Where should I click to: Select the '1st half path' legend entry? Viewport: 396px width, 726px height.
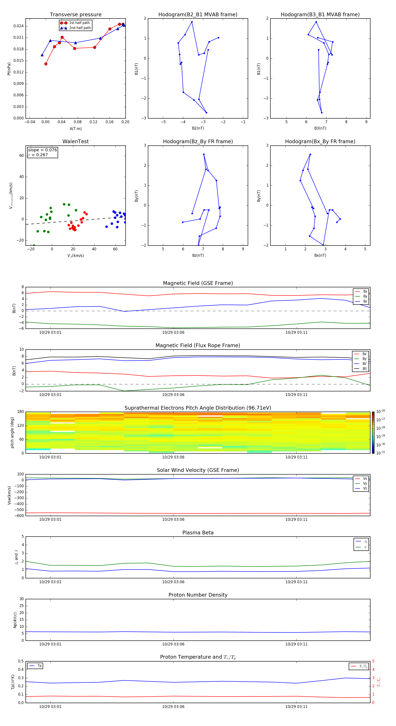click(x=79, y=23)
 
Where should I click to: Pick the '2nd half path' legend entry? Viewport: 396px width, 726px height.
click(x=80, y=28)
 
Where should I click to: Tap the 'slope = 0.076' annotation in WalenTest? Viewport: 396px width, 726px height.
click(x=42, y=150)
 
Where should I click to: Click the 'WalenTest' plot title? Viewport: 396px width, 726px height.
click(x=75, y=141)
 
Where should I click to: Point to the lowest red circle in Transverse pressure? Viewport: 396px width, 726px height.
click(x=46, y=64)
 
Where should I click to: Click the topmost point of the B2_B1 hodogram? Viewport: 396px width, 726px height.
click(x=192, y=22)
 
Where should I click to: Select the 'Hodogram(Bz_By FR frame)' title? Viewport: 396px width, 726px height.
click(x=198, y=141)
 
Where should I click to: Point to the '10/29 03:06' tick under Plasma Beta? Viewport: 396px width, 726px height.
click(x=173, y=582)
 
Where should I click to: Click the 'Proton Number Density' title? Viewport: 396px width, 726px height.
click(x=198, y=595)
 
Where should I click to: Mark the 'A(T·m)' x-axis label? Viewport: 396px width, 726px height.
click(x=75, y=129)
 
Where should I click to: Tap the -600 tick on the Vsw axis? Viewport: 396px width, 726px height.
click(x=20, y=516)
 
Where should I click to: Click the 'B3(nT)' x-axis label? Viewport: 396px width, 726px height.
click(x=320, y=128)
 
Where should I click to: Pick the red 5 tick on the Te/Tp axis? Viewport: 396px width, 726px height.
click(x=373, y=661)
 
